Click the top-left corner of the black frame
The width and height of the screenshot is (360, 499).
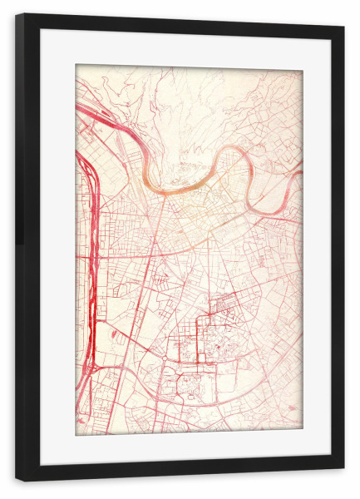point(17,16)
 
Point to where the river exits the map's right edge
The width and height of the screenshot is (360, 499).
point(301,174)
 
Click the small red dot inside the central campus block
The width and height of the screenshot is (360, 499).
point(219,343)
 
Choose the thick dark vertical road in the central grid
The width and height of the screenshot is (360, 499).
point(197,341)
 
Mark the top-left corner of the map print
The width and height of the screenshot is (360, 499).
point(76,65)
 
